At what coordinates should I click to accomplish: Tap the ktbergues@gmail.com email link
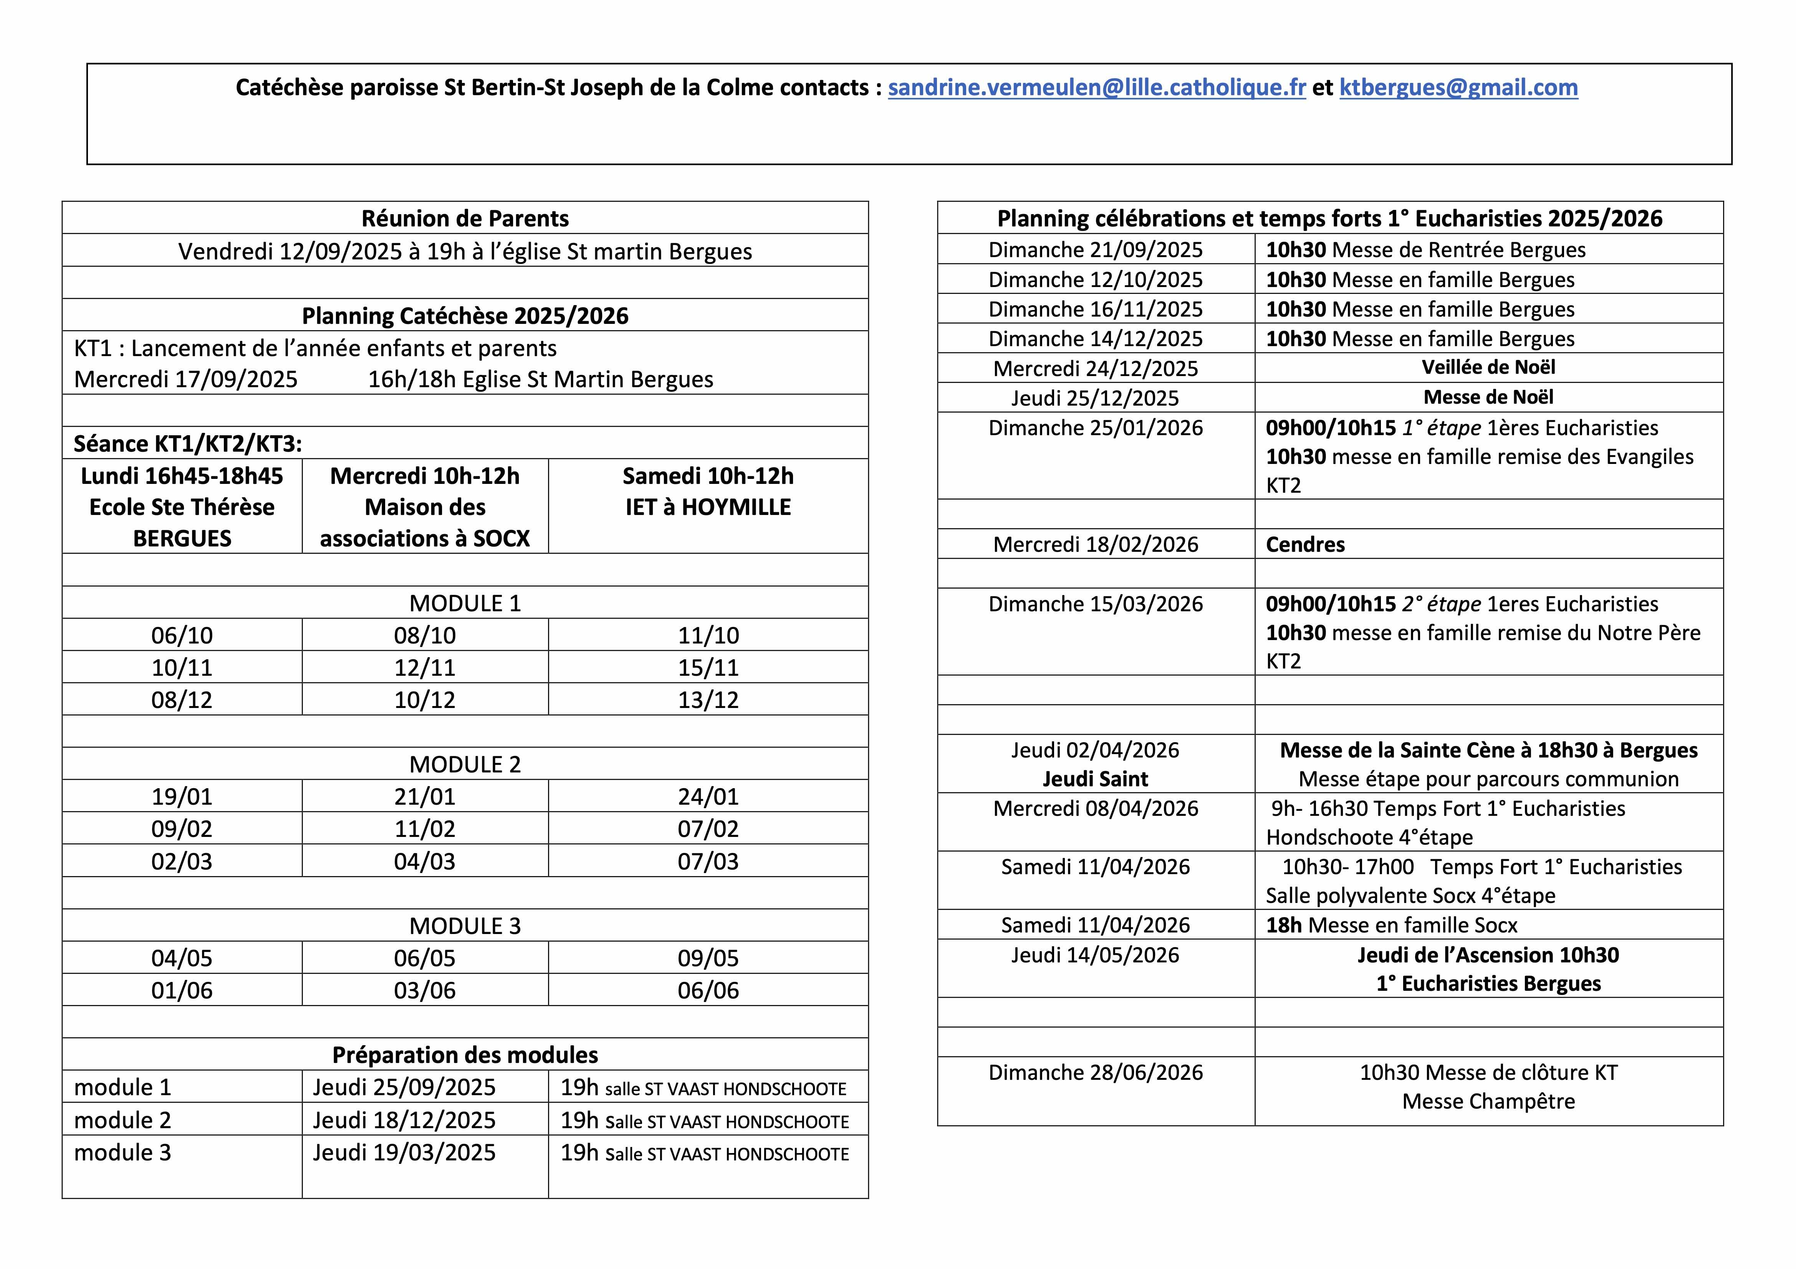(x=1458, y=87)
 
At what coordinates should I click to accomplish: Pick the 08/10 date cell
(x=425, y=635)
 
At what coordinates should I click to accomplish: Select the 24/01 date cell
(x=708, y=796)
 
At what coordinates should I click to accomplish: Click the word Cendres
(x=1305, y=544)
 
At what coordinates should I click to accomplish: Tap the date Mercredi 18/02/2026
(x=1095, y=544)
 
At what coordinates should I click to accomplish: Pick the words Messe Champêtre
(x=1488, y=1101)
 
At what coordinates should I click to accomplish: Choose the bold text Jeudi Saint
(x=1095, y=779)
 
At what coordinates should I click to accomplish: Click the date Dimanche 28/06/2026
(x=1095, y=1072)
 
